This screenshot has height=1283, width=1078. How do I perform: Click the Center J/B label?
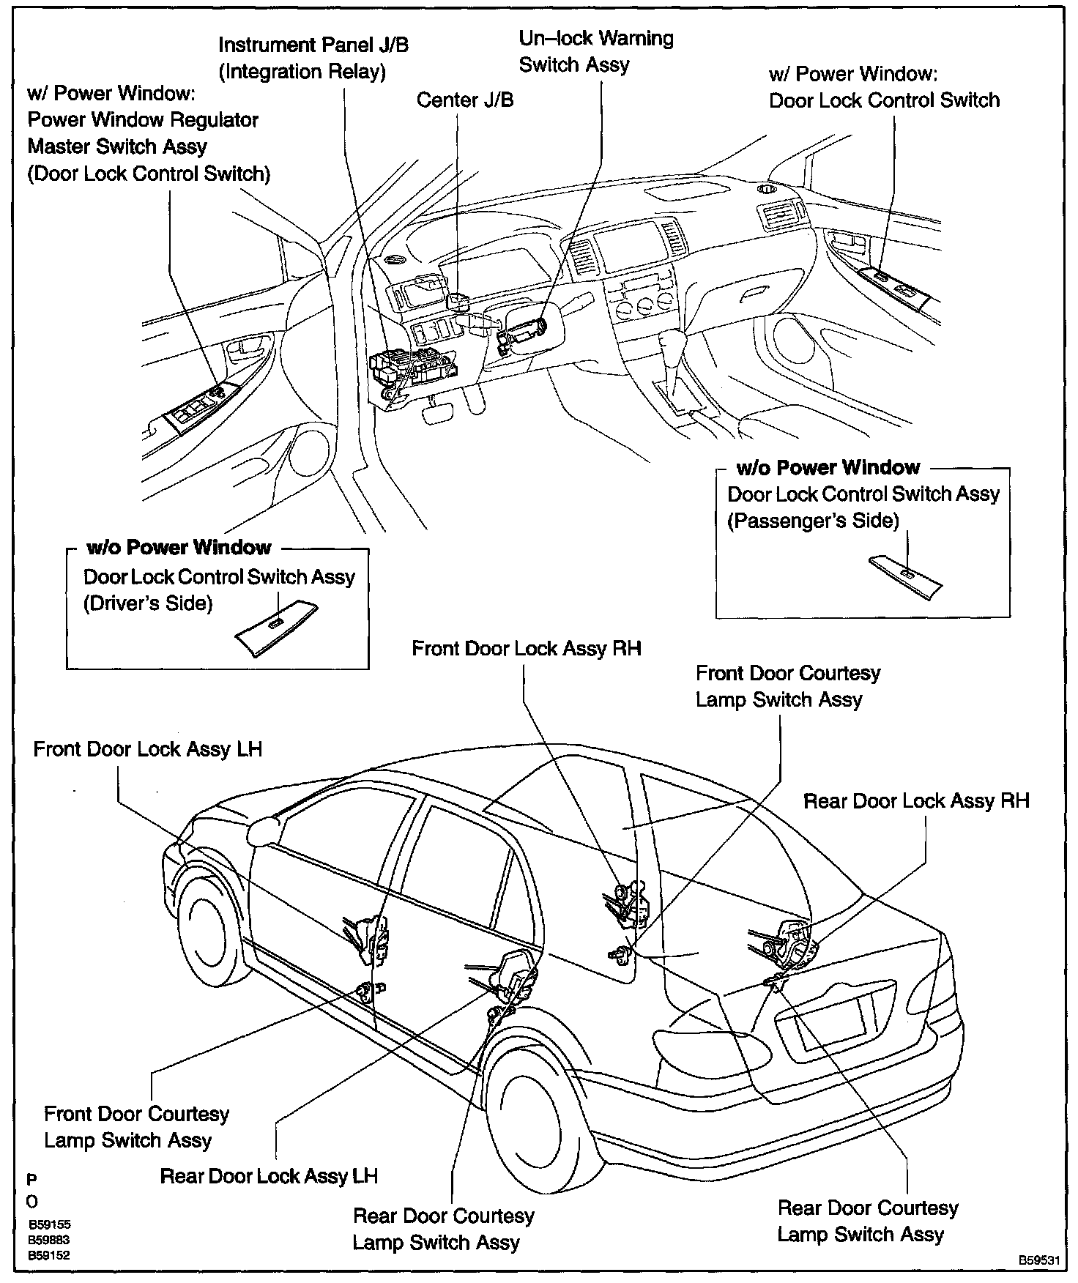465,100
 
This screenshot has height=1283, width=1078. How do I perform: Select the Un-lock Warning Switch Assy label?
595,51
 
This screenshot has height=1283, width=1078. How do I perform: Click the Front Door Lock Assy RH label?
526,648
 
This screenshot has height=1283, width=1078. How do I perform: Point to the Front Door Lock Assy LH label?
147,749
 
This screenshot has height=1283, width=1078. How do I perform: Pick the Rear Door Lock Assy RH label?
916,800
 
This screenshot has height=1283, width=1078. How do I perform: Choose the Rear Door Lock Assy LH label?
269,1176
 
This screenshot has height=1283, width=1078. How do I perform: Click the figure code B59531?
1038,1260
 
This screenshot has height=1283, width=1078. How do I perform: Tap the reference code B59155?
50,1224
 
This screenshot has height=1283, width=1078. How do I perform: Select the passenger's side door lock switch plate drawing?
906,576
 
